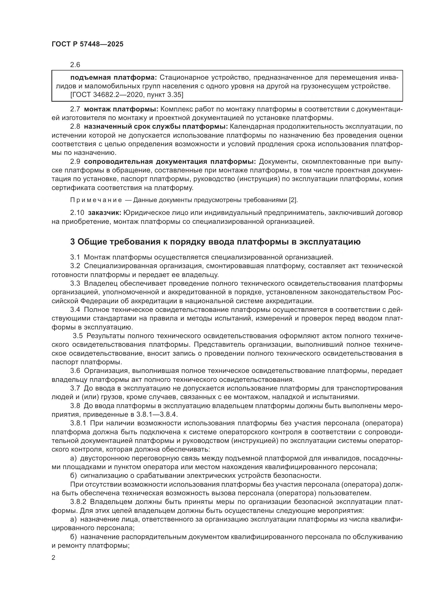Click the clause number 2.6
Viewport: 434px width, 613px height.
pos(75,65)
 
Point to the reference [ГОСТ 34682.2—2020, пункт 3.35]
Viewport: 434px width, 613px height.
pos(127,95)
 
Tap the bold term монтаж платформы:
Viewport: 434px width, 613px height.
pos(121,109)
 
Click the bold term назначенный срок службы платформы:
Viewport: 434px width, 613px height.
pos(156,127)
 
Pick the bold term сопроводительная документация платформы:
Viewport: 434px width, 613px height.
pos(170,161)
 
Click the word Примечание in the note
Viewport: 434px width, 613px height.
pos(96,200)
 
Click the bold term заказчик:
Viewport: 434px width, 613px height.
pos(105,213)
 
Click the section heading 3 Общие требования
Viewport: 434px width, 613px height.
pos(215,242)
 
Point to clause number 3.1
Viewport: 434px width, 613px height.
pos(75,257)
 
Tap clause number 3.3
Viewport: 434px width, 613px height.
pos(75,283)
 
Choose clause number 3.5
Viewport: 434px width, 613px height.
pos(78,336)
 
